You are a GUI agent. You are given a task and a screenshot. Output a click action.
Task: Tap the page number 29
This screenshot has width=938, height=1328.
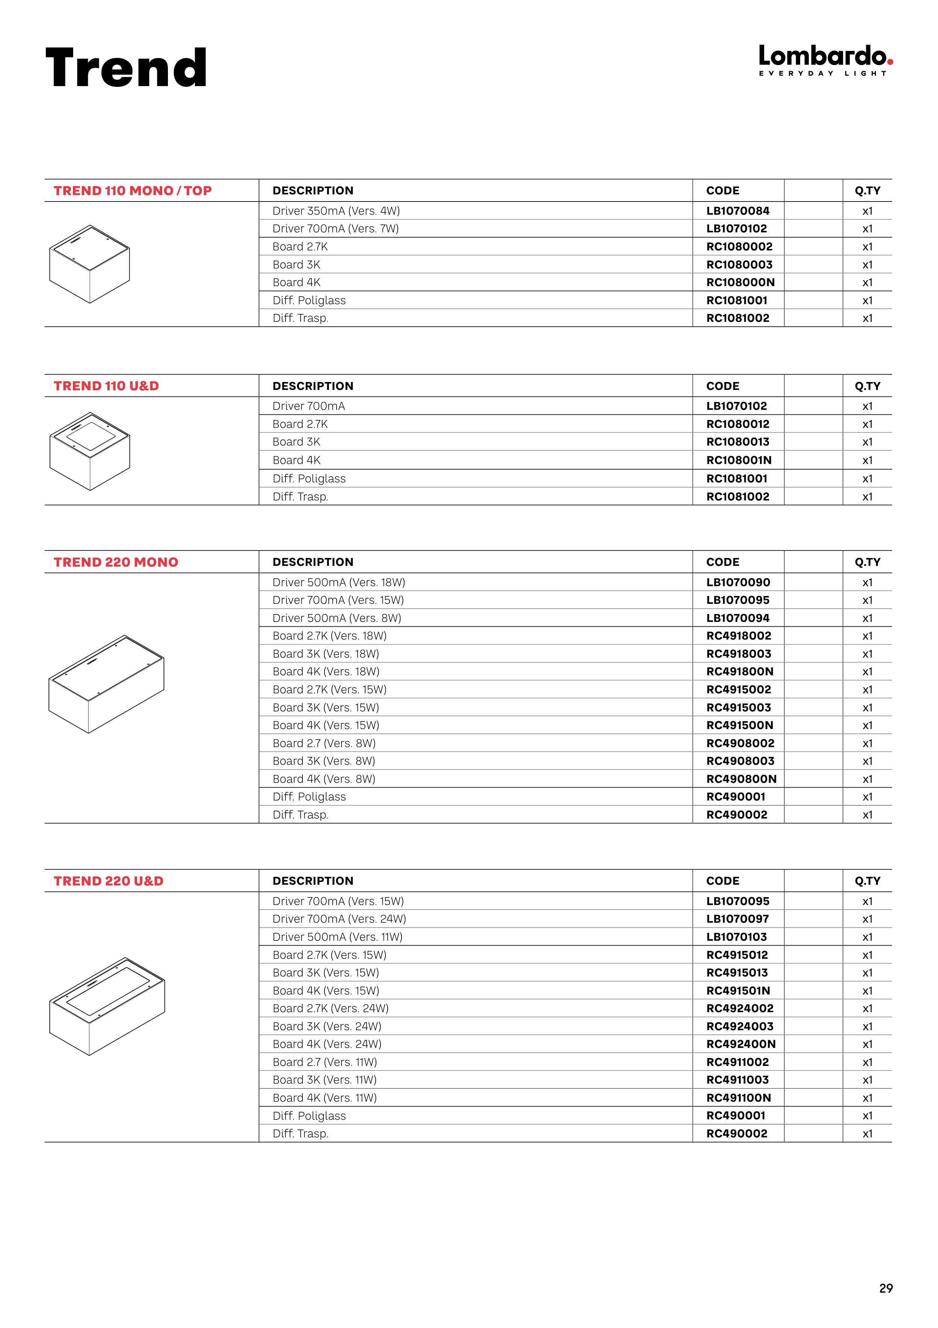coord(885,1288)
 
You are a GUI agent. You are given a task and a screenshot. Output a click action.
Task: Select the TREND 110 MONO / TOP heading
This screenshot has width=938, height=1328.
coord(132,191)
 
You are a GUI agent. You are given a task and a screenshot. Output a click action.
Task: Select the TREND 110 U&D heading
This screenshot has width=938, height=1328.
coord(106,386)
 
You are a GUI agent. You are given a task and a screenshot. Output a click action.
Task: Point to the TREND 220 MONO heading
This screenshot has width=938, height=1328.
coord(116,562)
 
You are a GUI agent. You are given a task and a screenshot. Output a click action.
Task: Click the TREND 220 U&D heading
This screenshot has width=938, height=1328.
coord(109,881)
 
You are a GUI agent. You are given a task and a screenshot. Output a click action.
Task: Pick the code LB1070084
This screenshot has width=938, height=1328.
coord(737,211)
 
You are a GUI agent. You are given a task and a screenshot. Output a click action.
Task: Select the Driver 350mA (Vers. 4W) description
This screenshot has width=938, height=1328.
coord(336,211)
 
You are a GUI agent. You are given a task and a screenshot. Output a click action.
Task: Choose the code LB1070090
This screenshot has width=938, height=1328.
coord(738,582)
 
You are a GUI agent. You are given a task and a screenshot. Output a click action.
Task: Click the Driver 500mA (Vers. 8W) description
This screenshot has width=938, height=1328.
coord(336,618)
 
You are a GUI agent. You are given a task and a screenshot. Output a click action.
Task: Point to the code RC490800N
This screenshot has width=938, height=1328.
coord(741,779)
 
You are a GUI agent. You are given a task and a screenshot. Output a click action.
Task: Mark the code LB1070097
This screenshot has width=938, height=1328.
coord(737,919)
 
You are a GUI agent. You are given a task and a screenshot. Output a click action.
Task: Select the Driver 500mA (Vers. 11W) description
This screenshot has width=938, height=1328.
coord(337,937)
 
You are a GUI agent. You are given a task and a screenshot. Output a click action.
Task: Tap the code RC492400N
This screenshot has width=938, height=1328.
coord(741,1044)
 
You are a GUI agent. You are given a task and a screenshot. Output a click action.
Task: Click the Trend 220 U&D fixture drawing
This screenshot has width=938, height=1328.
coord(107,1007)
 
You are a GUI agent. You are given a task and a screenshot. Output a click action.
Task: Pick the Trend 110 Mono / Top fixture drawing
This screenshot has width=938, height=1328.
coord(89,264)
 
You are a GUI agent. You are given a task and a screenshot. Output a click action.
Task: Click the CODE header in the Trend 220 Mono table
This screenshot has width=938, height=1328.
coord(722,562)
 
